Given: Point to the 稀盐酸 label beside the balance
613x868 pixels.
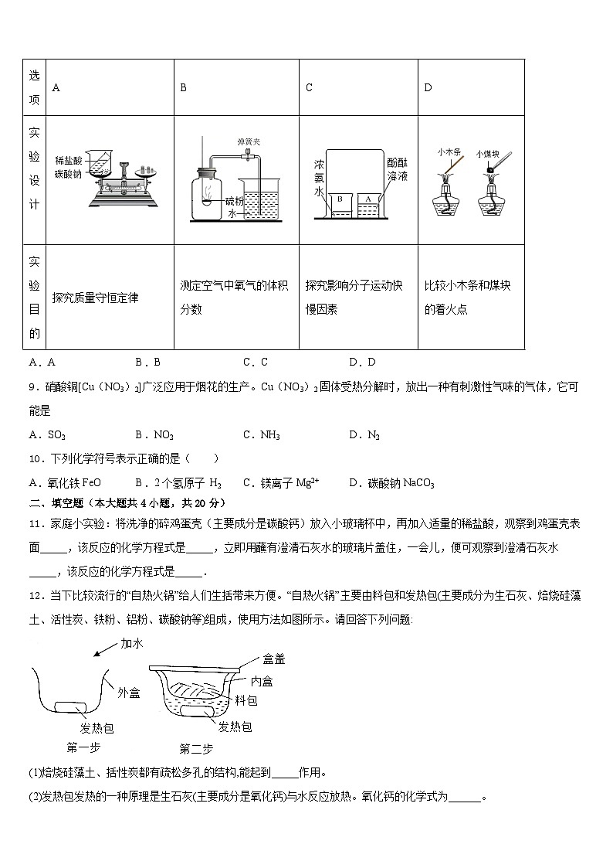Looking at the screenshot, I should (67, 158).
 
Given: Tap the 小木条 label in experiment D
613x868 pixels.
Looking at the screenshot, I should (449, 151).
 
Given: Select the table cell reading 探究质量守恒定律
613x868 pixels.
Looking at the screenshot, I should (95, 298).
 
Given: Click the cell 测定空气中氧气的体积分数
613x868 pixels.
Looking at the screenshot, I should (234, 298).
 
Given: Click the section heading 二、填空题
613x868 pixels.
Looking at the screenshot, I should (59, 501).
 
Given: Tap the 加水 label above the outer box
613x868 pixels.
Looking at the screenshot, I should (132, 643).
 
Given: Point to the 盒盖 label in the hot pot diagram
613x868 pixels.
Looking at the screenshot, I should (274, 659).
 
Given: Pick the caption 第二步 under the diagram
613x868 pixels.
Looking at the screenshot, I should (196, 748).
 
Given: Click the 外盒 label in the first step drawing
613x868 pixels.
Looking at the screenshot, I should (129, 693).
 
